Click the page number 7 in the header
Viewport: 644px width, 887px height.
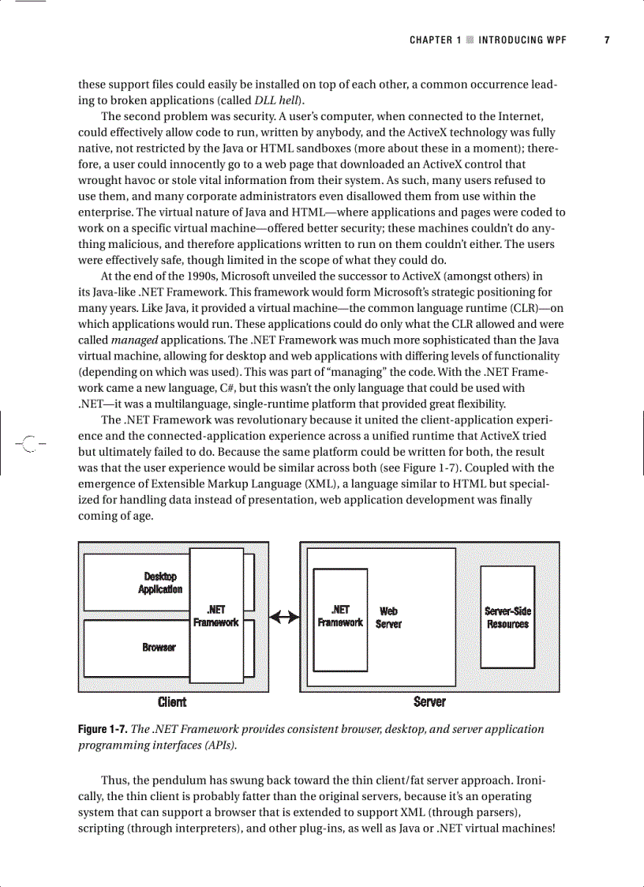click(x=607, y=40)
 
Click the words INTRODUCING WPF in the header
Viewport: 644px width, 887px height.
click(x=522, y=40)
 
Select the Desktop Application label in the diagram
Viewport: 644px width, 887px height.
click(x=160, y=583)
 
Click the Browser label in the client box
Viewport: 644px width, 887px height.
click(x=159, y=647)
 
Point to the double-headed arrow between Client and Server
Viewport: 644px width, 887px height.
click(x=284, y=617)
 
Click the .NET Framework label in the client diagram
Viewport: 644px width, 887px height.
click(x=215, y=616)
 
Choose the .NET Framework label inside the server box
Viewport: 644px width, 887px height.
click(x=340, y=616)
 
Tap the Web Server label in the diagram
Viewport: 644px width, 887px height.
click(x=388, y=617)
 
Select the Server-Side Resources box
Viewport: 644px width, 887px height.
click(x=507, y=617)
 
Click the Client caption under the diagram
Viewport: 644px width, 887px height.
click(x=172, y=701)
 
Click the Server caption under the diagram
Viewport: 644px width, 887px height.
click(x=429, y=701)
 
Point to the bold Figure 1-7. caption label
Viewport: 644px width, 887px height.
click(x=102, y=729)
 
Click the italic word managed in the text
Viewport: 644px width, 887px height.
click(x=135, y=339)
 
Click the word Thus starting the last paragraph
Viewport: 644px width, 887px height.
click(x=116, y=780)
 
